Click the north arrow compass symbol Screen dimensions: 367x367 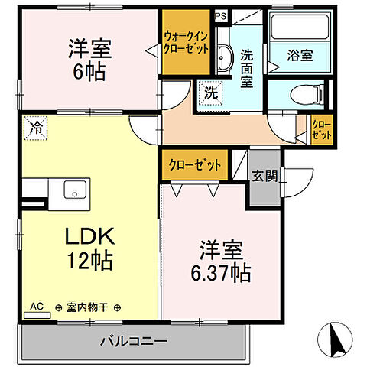coord(333,336)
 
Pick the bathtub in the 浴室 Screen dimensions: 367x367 coord(299,28)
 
